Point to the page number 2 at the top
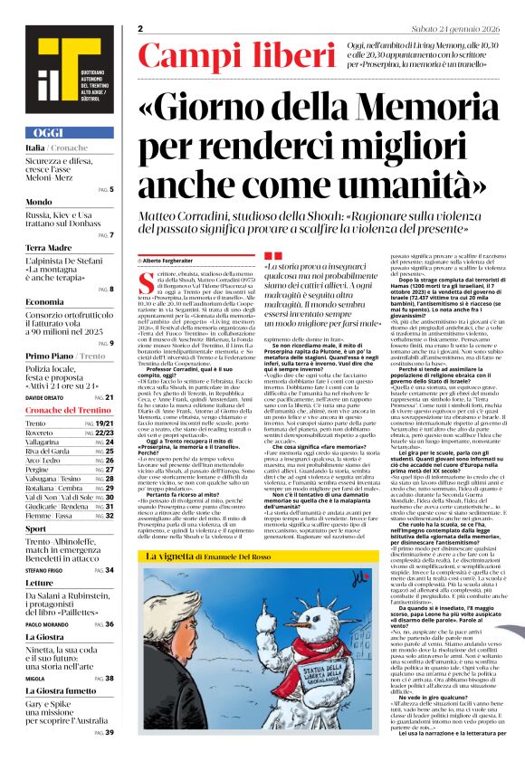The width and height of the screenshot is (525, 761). pyautogui.click(x=141, y=31)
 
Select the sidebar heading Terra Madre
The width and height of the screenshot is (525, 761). pyautogui.click(x=48, y=246)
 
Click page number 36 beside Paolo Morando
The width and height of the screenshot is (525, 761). pyautogui.click(x=109, y=624)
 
